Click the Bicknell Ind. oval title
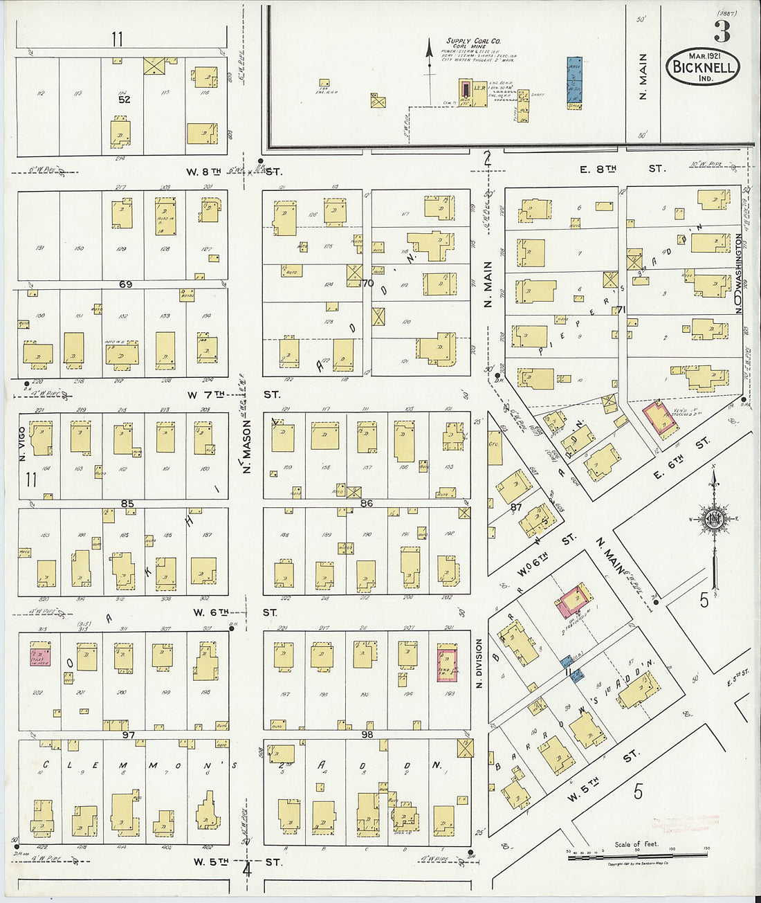[703, 68]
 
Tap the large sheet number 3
[722, 31]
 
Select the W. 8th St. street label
[232, 170]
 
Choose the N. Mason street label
[246, 448]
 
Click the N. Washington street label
[739, 273]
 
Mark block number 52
[124, 99]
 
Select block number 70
[367, 283]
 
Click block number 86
[367, 503]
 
